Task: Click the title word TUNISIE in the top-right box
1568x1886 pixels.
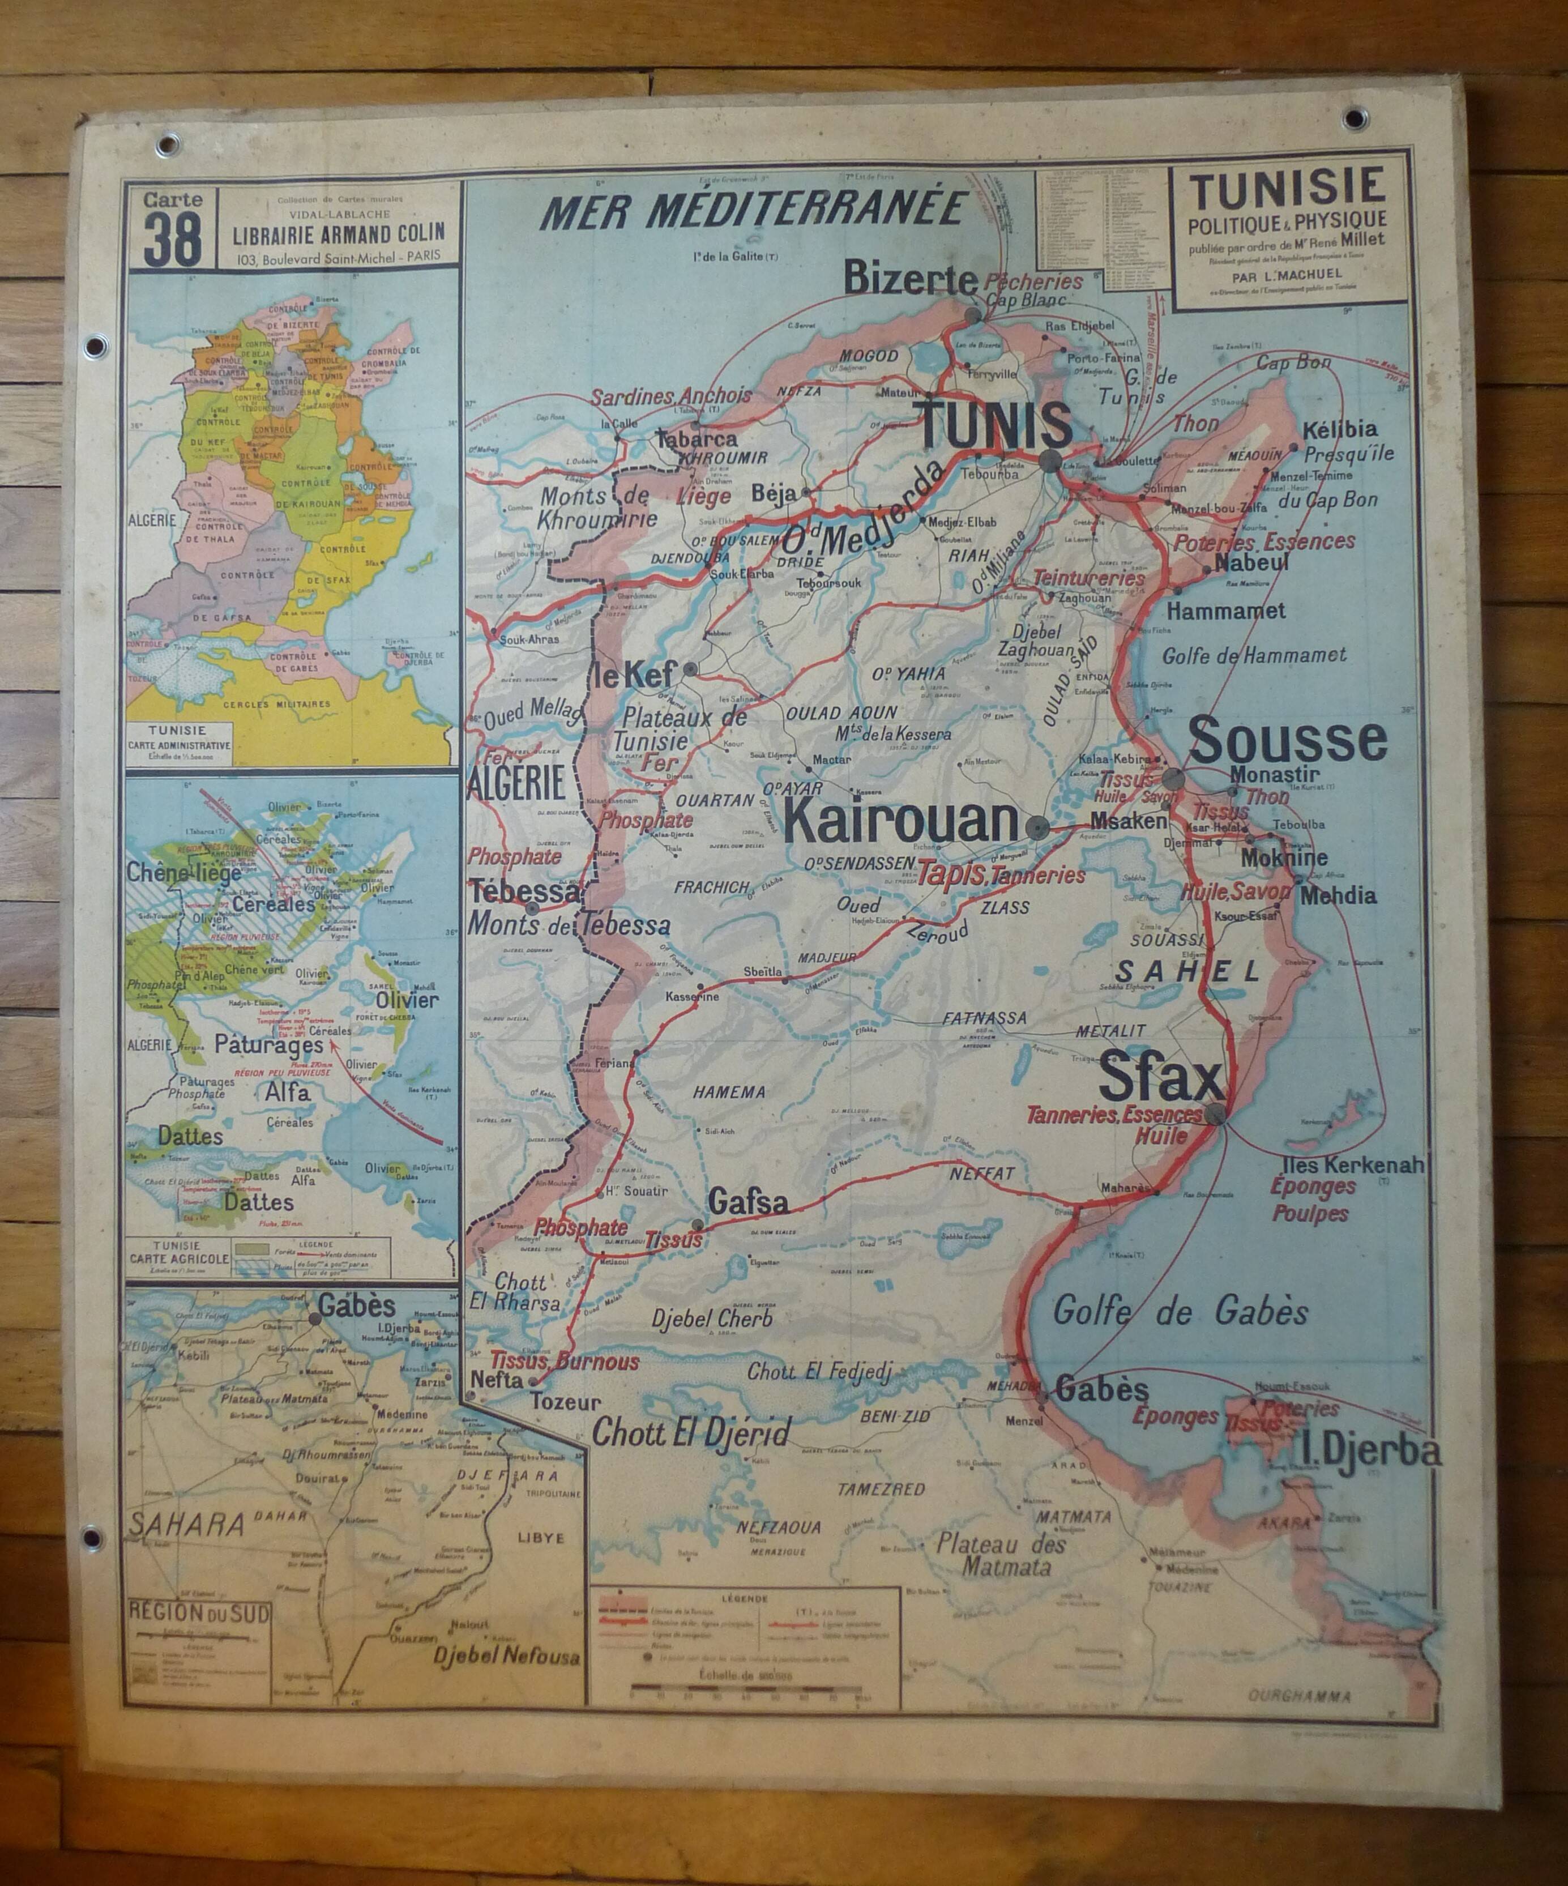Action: pos(1287,187)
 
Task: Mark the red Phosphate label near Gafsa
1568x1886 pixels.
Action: pos(580,1227)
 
